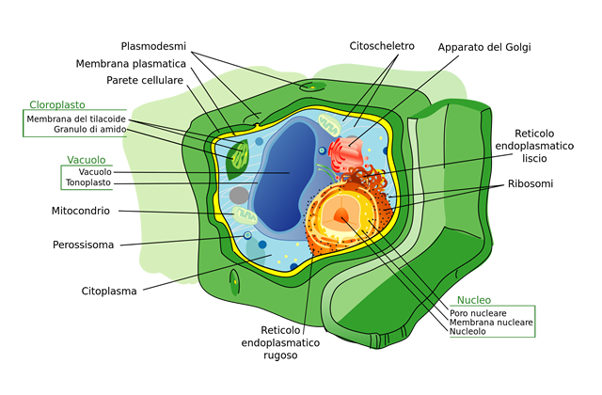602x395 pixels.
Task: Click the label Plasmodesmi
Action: click(155, 45)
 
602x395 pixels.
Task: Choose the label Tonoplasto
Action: click(89, 182)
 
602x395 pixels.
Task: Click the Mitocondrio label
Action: click(81, 211)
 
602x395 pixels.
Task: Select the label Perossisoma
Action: click(83, 245)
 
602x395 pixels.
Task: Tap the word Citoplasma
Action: click(108, 291)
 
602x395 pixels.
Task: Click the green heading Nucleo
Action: click(473, 300)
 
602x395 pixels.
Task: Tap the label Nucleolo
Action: click(467, 332)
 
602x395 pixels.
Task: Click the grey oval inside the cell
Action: click(240, 196)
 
